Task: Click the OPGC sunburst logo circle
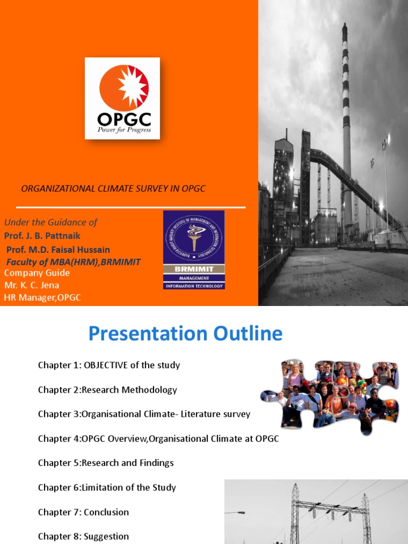(124, 88)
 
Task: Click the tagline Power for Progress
(124, 130)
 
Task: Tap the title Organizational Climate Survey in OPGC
(113, 189)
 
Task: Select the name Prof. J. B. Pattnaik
(42, 235)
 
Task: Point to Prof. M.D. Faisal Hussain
(58, 249)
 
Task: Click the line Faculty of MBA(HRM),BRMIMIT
(73, 262)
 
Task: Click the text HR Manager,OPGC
(42, 297)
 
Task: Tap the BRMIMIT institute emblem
(193, 250)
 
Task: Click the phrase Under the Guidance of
(50, 222)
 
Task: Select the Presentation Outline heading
(185, 334)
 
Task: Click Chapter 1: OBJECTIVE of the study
(109, 365)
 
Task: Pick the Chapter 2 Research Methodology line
(107, 389)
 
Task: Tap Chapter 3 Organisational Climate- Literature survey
(144, 414)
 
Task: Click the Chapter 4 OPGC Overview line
(158, 438)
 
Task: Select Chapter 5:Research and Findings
(106, 463)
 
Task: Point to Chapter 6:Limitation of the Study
(107, 487)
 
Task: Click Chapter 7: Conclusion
(83, 512)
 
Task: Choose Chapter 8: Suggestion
(83, 536)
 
